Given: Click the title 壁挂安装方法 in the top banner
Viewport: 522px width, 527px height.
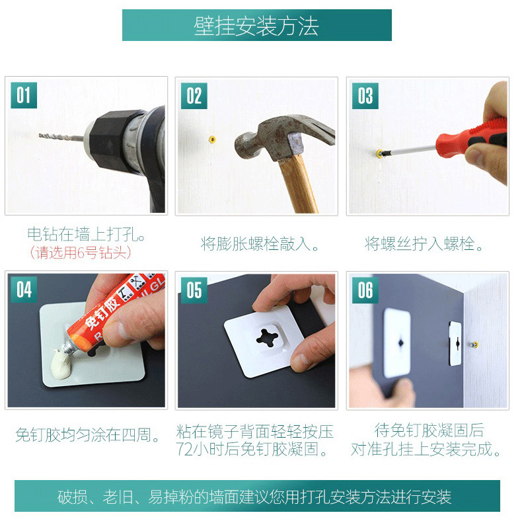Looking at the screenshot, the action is click(x=256, y=26).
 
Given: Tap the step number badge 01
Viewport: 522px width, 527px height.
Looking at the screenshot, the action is click(x=24, y=95).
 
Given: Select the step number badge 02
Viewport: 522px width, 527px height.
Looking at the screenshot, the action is click(x=194, y=96).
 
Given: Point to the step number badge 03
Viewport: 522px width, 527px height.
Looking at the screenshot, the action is click(x=365, y=96).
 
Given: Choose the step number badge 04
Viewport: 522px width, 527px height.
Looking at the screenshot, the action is click(x=24, y=290).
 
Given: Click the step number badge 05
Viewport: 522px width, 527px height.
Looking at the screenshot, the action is click(x=194, y=290).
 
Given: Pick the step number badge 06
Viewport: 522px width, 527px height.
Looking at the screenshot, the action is click(x=365, y=290).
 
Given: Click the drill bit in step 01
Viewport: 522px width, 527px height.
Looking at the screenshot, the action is click(x=61, y=136).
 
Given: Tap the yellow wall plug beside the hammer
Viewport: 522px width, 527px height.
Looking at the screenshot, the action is click(x=212, y=139).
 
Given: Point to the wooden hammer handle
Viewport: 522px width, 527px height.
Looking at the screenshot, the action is click(x=299, y=184).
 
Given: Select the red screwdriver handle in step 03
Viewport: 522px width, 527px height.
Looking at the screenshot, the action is click(x=470, y=138).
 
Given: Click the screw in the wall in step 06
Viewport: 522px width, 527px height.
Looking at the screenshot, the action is click(x=474, y=345).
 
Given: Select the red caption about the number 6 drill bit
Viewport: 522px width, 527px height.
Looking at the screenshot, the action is click(x=80, y=253).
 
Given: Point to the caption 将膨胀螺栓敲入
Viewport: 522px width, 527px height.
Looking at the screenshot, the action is click(x=259, y=244).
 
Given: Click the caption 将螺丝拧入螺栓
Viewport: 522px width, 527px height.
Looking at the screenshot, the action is click(x=424, y=244).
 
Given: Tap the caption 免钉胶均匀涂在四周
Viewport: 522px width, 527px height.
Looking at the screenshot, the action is click(x=87, y=435).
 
